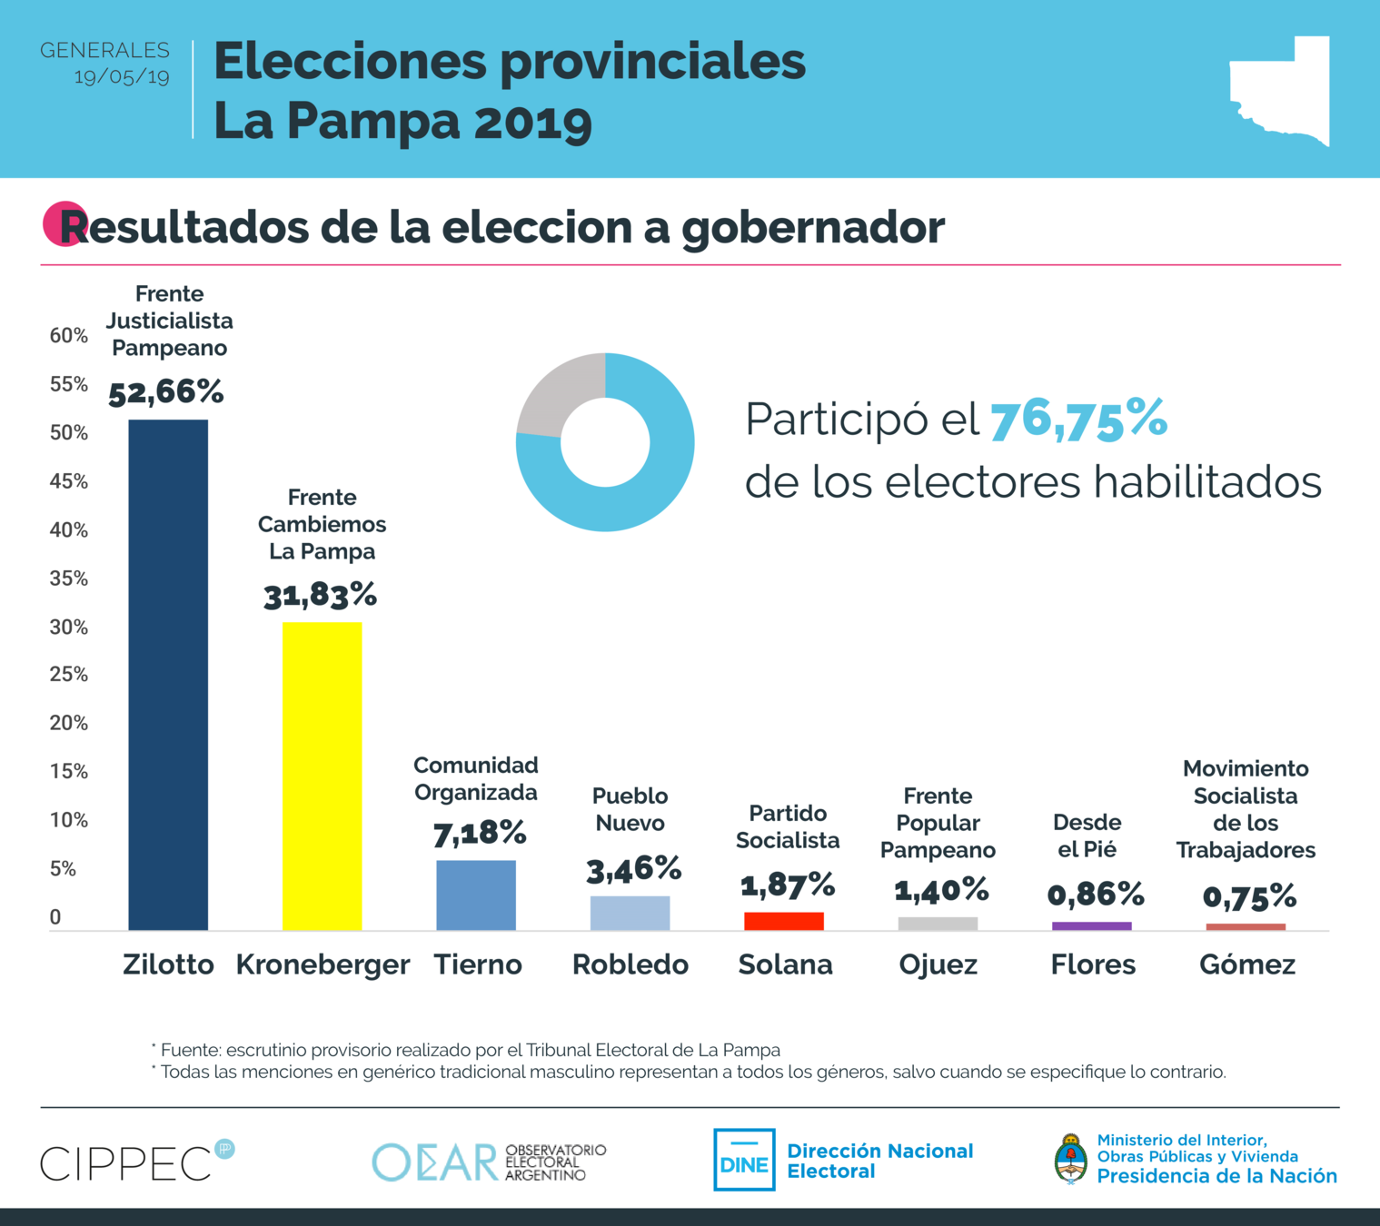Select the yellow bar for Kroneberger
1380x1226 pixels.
tap(322, 776)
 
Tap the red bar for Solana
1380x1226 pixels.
tap(783, 921)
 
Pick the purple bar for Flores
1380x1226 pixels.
tap(1091, 926)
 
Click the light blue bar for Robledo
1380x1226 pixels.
tap(630, 913)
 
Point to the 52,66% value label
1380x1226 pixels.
tap(166, 392)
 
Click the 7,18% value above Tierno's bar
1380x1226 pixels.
tap(479, 833)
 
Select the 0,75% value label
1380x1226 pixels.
tap(1249, 897)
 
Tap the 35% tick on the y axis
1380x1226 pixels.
tap(69, 578)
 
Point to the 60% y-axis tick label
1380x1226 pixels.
tap(69, 336)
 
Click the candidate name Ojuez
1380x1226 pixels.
tap(938, 964)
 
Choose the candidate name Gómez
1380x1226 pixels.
tap(1246, 964)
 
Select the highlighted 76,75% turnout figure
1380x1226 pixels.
tap(1078, 420)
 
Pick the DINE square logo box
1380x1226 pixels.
tap(744, 1160)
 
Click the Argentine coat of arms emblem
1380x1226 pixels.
tap(1071, 1159)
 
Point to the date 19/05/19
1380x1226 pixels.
tap(122, 76)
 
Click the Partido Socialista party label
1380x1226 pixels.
tap(788, 826)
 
